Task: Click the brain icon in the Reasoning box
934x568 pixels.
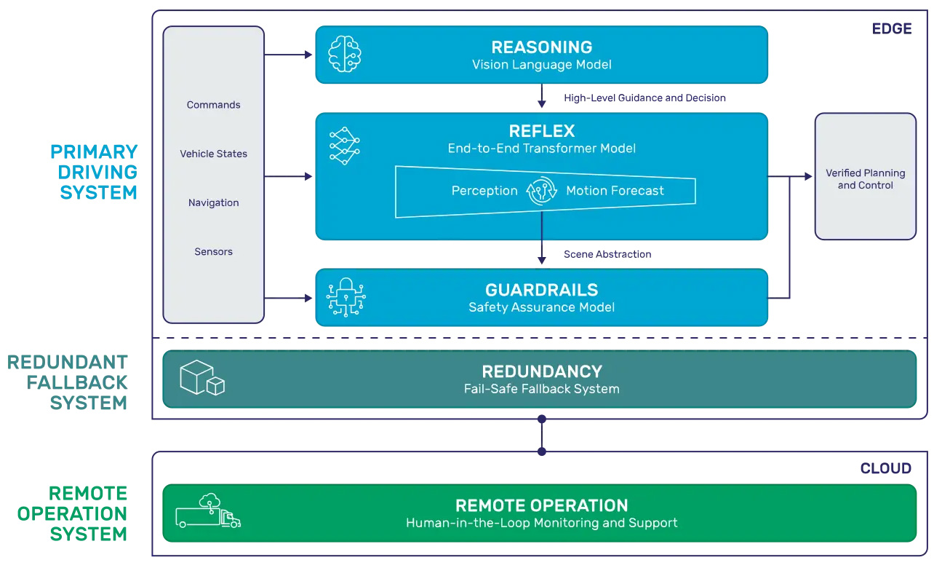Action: coord(344,55)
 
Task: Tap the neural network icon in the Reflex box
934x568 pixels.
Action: coord(344,145)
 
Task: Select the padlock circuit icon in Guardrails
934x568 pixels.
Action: coord(346,297)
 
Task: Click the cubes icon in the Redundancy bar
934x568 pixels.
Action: coord(201,378)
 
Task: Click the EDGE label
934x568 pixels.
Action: coord(891,29)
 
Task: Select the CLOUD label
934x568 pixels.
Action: coord(885,468)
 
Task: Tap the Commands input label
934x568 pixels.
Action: coord(213,105)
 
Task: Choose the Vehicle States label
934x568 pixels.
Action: coord(213,154)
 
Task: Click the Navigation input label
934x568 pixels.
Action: coord(213,202)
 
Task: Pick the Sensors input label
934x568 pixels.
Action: coord(213,252)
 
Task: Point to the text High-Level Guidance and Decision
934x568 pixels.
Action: coord(644,98)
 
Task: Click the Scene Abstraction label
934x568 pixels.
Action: coord(607,254)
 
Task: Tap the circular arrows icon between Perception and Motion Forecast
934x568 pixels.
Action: coord(542,191)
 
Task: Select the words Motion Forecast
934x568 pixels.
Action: coord(615,191)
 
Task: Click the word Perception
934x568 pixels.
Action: coord(484,191)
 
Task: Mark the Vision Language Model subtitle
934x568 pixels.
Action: coord(541,65)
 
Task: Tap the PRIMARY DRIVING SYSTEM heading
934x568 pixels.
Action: coord(94,172)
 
